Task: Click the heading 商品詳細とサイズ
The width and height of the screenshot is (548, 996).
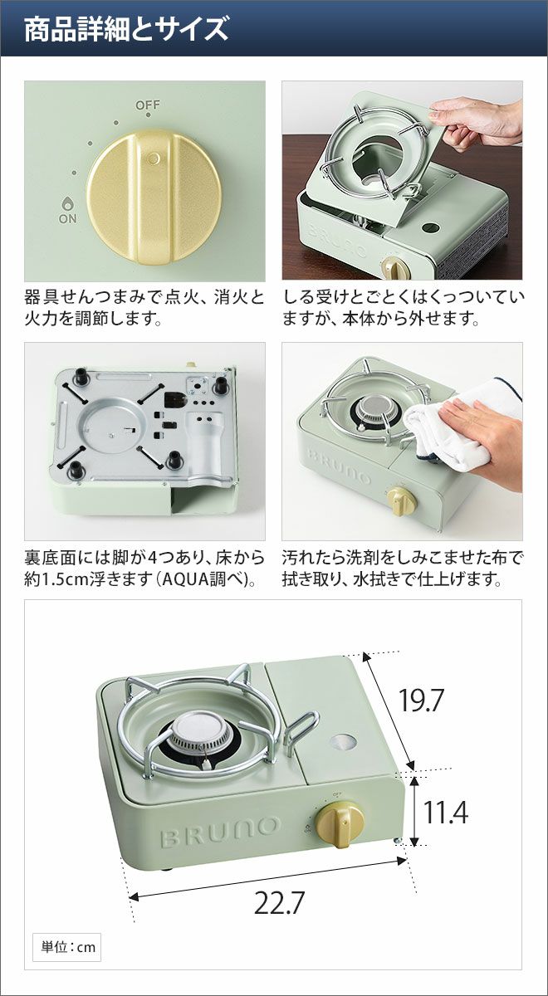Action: (126, 29)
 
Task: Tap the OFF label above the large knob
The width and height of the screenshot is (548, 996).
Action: (148, 105)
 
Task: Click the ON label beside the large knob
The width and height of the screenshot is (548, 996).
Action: (67, 219)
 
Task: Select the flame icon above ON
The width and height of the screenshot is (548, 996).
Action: (67, 203)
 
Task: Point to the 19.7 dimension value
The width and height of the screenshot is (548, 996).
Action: (421, 700)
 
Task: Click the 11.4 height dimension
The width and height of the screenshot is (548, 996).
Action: (445, 812)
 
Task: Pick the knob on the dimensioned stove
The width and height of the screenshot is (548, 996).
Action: (340, 818)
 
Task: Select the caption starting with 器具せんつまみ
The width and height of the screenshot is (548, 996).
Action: (144, 308)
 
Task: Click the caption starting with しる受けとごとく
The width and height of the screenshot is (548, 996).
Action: (404, 308)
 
